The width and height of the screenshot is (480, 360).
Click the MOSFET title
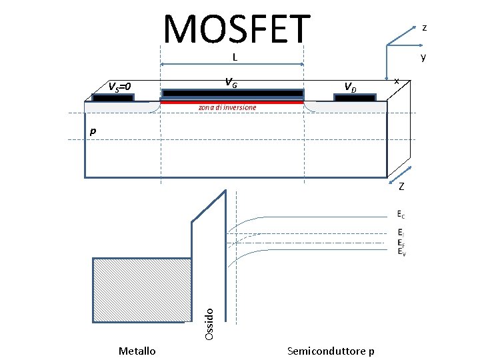(237, 29)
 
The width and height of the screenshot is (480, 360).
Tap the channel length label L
(235, 57)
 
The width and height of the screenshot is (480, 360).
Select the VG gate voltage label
(230, 83)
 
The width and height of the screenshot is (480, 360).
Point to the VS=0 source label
(120, 86)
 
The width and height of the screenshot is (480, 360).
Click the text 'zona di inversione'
(227, 107)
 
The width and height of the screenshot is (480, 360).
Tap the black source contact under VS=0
(113, 97)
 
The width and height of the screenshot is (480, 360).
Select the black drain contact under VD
(355, 97)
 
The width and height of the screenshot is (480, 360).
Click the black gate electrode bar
(232, 93)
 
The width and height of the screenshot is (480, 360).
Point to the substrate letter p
(93, 132)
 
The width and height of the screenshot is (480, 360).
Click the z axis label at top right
(425, 27)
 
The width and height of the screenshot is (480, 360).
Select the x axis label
(397, 81)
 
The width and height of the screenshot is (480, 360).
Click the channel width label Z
(401, 186)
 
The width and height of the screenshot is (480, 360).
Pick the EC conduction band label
(399, 215)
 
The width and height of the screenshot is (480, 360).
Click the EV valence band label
(399, 251)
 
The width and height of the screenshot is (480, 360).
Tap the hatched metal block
(141, 290)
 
